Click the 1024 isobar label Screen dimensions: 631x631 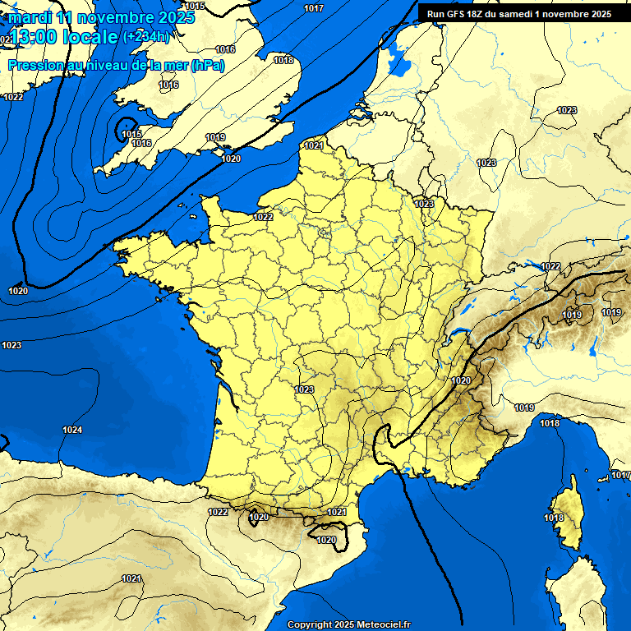click(x=72, y=430)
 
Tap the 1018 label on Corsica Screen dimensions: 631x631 click(x=554, y=518)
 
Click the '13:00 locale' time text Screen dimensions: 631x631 click(x=64, y=37)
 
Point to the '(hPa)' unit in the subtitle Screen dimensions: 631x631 click(x=207, y=66)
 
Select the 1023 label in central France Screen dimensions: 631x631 click(x=304, y=389)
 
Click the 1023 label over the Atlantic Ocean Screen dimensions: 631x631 click(x=12, y=345)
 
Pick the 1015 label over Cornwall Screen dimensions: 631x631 click(x=131, y=134)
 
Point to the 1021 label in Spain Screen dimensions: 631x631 click(x=131, y=578)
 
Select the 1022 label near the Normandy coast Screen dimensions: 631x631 click(x=264, y=217)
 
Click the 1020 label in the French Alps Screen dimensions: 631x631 click(x=461, y=380)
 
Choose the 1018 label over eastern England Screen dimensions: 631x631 click(x=283, y=60)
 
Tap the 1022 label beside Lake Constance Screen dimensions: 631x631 click(x=550, y=266)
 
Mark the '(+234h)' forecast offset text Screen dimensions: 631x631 click(x=146, y=36)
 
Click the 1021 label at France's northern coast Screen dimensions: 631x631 click(x=313, y=145)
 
